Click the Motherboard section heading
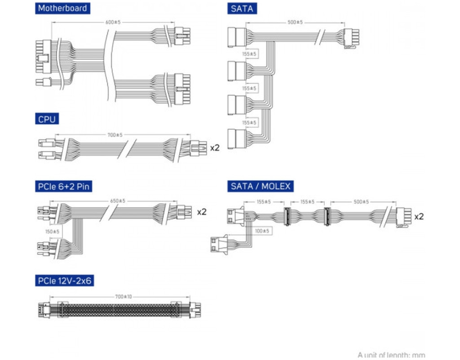click(62, 8)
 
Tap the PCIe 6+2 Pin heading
click(63, 186)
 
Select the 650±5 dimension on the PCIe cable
click(118, 201)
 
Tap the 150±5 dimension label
click(53, 232)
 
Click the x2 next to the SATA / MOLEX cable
click(419, 216)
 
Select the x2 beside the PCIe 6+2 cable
click(202, 211)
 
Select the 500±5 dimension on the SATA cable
click(295, 22)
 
